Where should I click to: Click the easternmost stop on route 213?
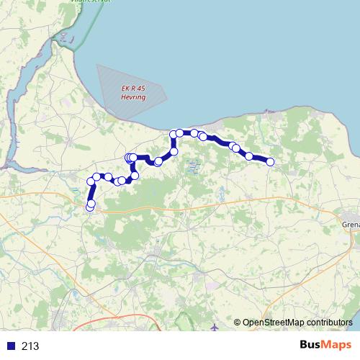pos(271,162)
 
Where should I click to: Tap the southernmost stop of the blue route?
pos(90,207)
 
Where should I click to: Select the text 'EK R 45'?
pos(132,88)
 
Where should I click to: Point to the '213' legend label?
pos(30,346)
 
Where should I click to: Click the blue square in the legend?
pos(11,346)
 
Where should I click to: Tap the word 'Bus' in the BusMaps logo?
pos(311,346)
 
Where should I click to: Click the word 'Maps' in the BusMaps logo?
pos(337,346)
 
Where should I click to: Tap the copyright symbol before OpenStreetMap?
pos(237,323)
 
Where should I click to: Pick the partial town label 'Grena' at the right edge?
pos(351,224)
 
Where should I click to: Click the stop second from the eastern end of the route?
pos(249,156)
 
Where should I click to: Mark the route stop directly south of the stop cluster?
pos(135,175)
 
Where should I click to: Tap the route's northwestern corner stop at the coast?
pos(174,135)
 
